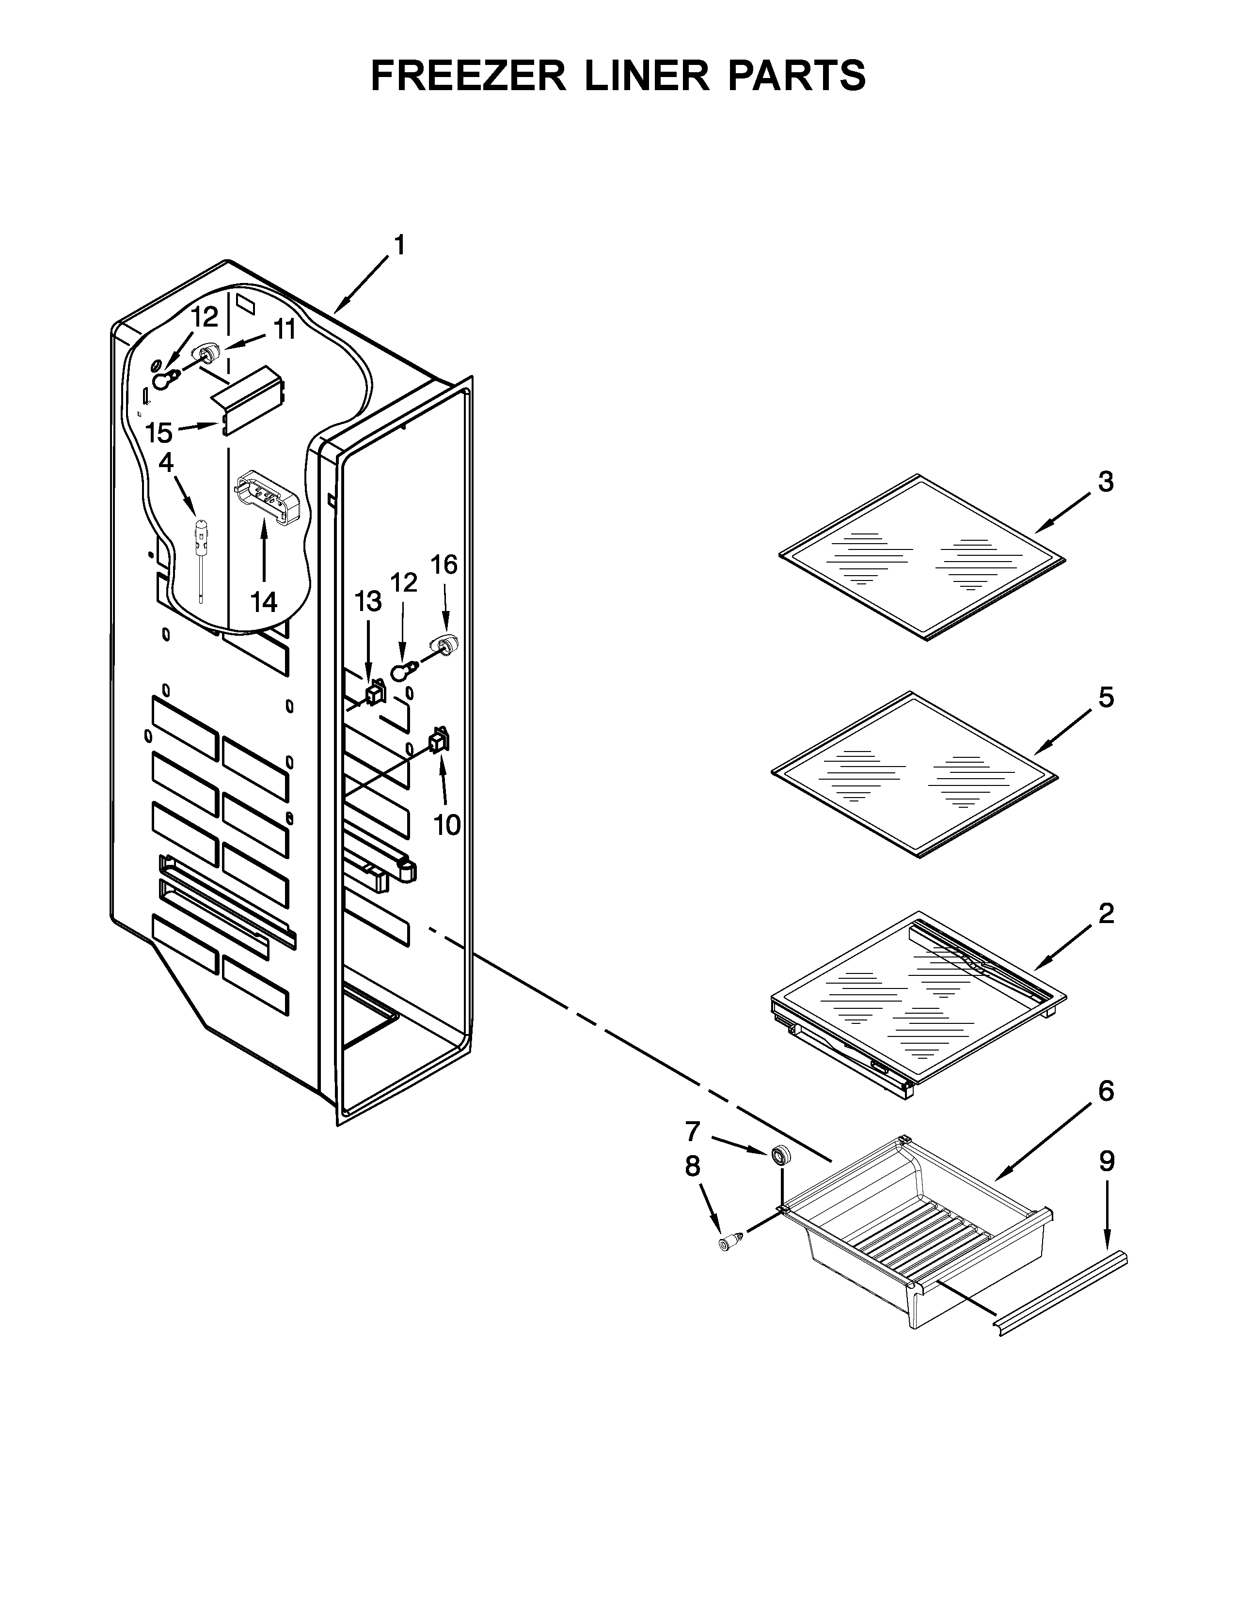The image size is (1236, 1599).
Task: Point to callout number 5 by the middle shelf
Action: pos(1106,698)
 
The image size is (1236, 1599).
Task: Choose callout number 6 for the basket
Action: pos(1106,1112)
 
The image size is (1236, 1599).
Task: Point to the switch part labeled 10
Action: pos(438,742)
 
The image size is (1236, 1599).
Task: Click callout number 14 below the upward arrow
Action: pos(264,602)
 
